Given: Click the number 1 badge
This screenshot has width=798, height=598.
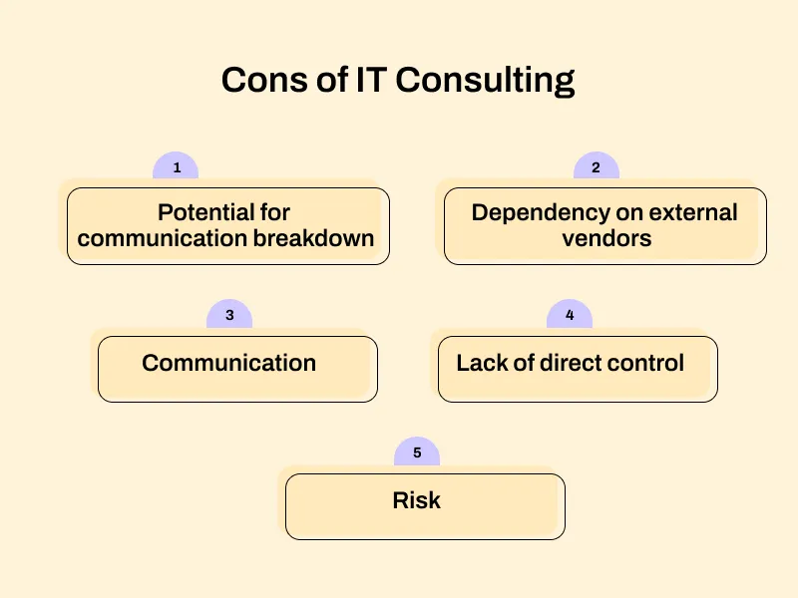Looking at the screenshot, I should tap(177, 167).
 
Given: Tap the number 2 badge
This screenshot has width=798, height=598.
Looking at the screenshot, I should tap(596, 167).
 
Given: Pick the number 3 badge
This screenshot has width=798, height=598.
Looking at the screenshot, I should tap(229, 315).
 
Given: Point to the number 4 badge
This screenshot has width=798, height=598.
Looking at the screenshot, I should tap(570, 315).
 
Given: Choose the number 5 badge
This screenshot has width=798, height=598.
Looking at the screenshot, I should tap(417, 452).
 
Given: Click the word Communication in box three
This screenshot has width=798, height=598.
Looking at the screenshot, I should tap(228, 363).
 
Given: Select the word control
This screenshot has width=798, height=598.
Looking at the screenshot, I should tap(648, 363).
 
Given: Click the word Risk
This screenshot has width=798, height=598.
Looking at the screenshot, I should tap(417, 500).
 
